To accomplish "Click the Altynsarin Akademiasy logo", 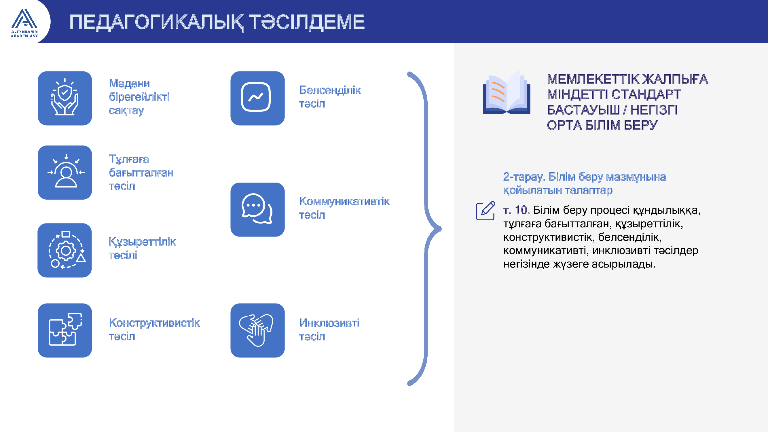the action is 24,23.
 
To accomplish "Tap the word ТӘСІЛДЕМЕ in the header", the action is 307,22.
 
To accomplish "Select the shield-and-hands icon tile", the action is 65,98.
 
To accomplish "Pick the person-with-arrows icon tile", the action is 65,172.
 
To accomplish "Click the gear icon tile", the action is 65,250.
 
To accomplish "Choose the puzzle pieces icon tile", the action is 65,330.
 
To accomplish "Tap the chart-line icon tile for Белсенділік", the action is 258,98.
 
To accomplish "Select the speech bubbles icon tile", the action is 258,209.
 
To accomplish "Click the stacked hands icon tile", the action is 258,330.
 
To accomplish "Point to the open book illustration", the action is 507,92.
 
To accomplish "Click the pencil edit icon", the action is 486,211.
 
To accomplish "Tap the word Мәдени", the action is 129,83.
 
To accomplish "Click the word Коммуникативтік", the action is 344,201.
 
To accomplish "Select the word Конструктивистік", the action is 154,323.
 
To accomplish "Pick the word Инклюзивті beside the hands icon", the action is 329,323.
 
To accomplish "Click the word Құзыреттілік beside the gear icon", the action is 142,242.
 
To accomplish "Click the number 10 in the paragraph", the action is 522,210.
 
